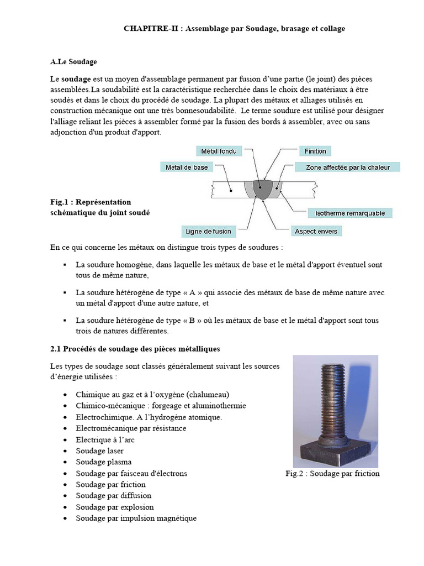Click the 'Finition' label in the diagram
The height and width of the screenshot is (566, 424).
[315, 151]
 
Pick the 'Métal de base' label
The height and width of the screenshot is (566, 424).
[187, 167]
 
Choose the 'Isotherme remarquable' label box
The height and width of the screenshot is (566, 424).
[350, 213]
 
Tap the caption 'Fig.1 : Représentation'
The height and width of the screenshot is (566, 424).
[91, 202]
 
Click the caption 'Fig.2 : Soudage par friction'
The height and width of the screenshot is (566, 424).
[332, 473]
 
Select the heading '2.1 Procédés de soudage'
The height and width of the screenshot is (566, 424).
[135, 349]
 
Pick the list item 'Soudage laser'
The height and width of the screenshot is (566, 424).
[100, 451]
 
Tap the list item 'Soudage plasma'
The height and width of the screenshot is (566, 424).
[104, 462]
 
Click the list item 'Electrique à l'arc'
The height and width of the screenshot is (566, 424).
[105, 439]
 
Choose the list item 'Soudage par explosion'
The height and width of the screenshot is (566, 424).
[115, 507]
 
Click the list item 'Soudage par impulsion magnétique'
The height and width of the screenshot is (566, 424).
[136, 518]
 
